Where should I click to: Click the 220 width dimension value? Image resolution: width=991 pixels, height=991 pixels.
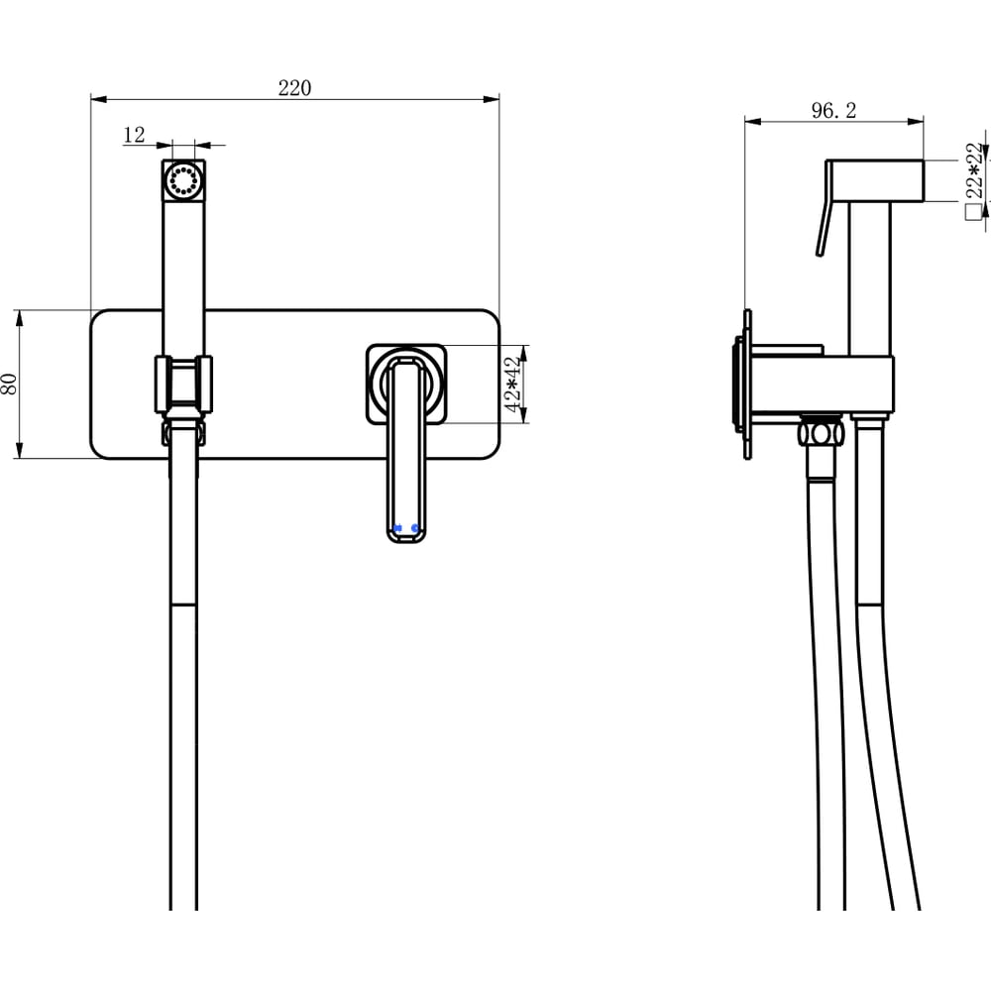[294, 88]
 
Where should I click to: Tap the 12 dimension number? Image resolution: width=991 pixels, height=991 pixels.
[134, 135]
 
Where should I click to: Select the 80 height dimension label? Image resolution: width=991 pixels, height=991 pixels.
[10, 384]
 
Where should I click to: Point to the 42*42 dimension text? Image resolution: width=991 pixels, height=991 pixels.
[513, 384]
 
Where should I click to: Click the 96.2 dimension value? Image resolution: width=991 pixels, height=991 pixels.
[833, 111]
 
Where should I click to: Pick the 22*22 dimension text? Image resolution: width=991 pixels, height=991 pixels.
[974, 170]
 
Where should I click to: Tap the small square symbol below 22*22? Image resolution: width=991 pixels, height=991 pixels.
[973, 212]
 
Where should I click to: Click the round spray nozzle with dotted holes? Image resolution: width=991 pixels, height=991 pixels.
[183, 180]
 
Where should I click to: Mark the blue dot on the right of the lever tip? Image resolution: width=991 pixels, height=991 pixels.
[414, 528]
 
